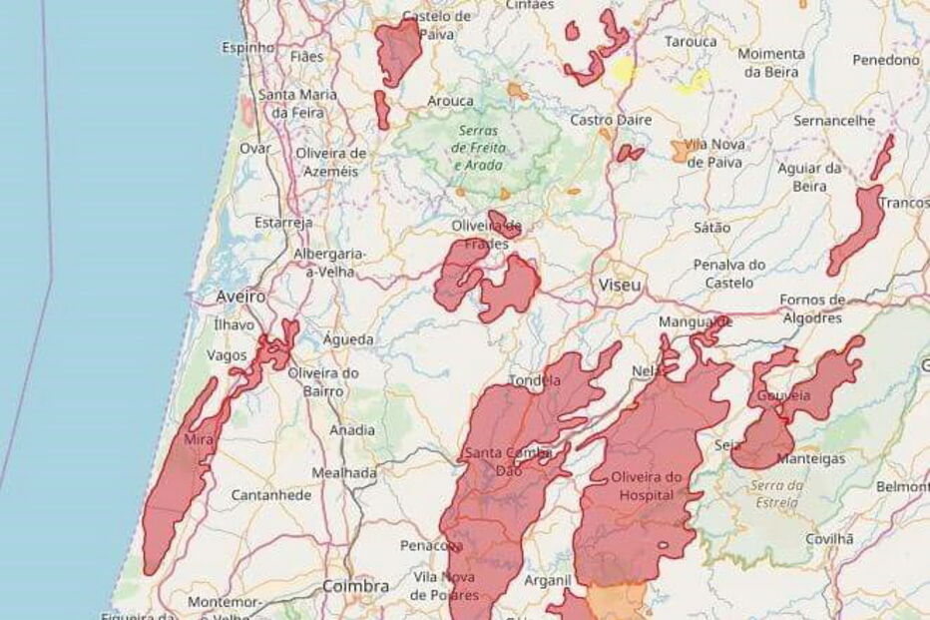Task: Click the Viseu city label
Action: pos(620,287)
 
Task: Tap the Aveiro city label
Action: pos(241,297)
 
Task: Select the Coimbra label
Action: pos(355,586)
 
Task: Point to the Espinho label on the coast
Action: pos(247,47)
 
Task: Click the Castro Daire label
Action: pos(611,120)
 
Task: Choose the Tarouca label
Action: pos(691,42)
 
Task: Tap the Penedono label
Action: pos(885,60)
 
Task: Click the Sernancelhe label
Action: pos(834,120)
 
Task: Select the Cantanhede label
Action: pos(271,495)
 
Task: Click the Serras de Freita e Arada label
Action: pos(482,148)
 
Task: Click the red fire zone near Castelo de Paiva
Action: pos(398,50)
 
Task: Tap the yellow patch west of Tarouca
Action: pos(623,69)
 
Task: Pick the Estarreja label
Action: pos(283,222)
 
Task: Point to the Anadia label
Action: pos(352,430)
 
